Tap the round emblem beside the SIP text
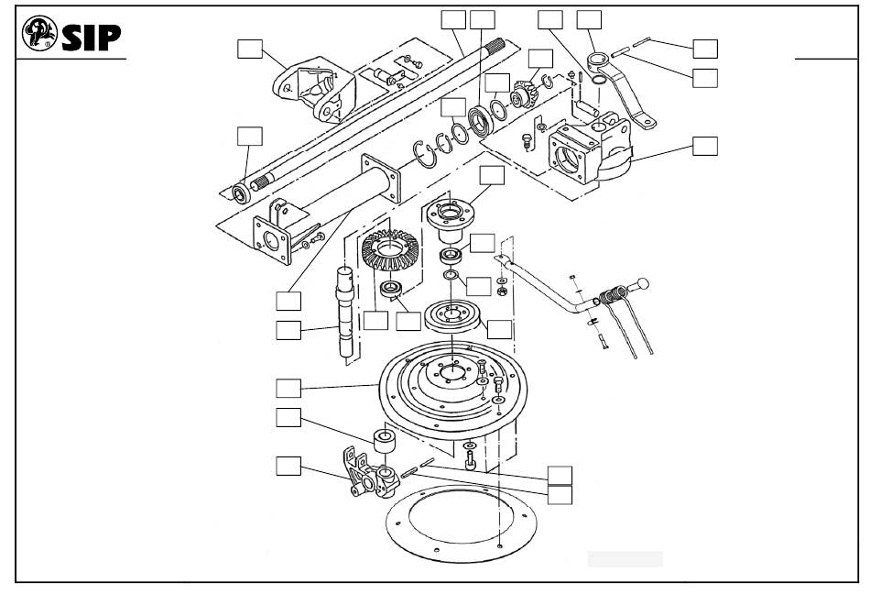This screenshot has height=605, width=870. point(39,34)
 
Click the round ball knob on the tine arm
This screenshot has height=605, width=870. point(645,282)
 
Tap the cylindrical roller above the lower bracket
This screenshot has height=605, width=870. point(383,440)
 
